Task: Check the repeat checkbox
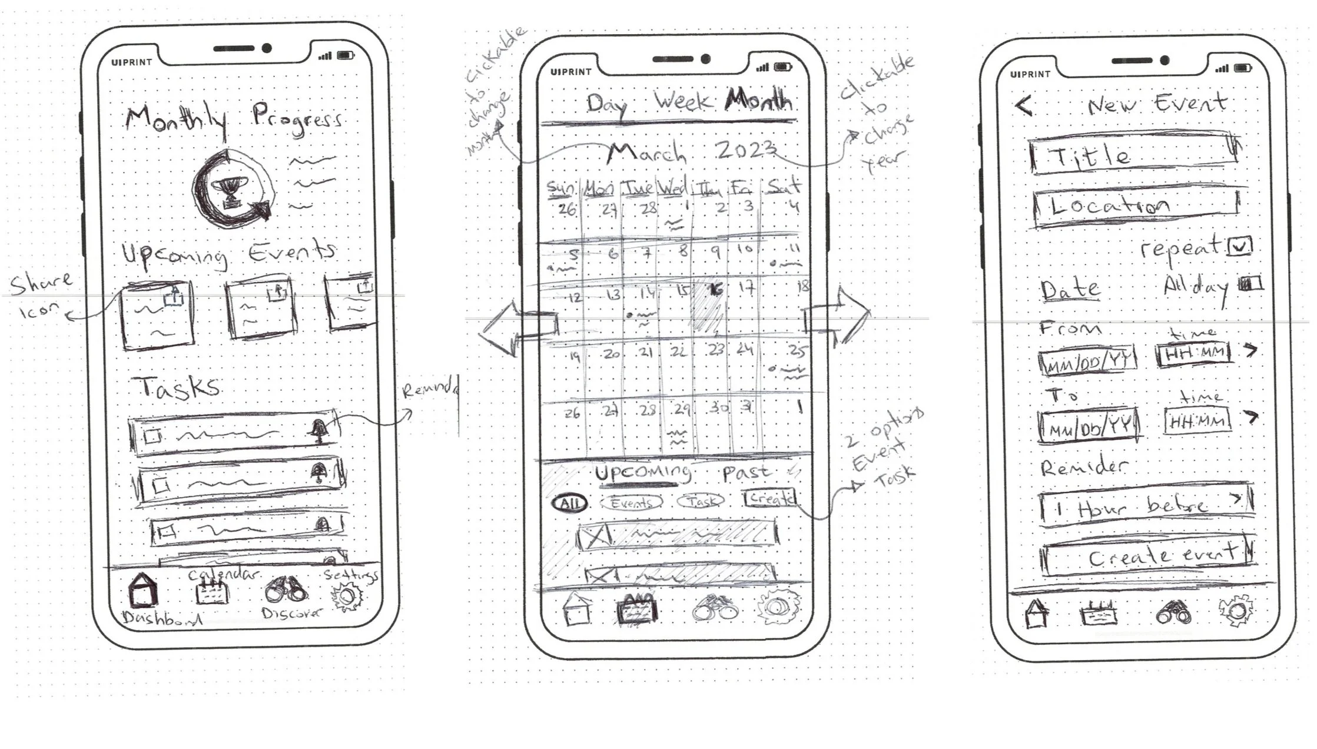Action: click(1239, 247)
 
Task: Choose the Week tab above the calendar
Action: click(683, 101)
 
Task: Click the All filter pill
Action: click(569, 503)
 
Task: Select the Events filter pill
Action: click(631, 502)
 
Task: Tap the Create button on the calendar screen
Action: click(769, 499)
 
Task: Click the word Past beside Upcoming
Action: click(747, 473)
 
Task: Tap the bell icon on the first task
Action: click(319, 431)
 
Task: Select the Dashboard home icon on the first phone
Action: click(142, 591)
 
